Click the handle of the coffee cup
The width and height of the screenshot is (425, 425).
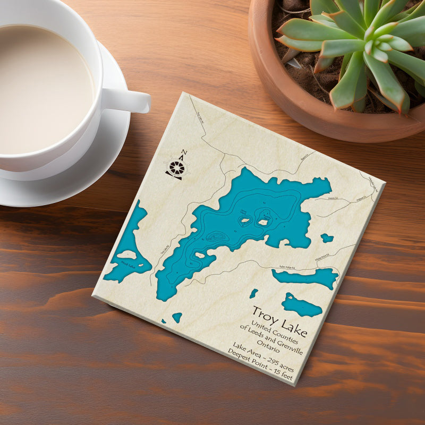(128, 100)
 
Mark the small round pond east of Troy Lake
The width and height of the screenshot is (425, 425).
(327, 238)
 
